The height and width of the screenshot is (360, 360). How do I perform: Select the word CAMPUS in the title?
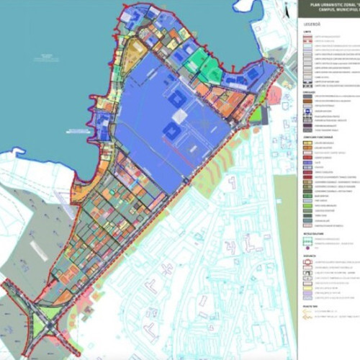315,11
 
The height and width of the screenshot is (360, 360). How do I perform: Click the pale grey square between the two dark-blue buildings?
179,114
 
